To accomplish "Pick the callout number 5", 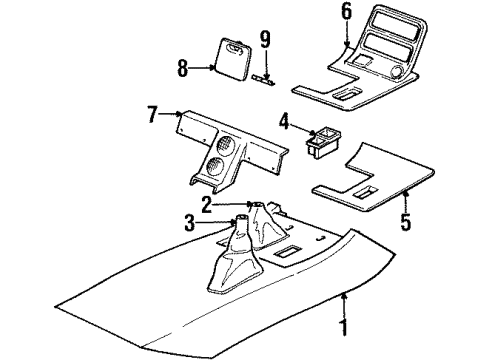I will click(x=406, y=221).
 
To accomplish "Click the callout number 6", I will click(x=347, y=13).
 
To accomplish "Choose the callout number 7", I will click(x=151, y=116).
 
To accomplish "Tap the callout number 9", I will click(x=265, y=40).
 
